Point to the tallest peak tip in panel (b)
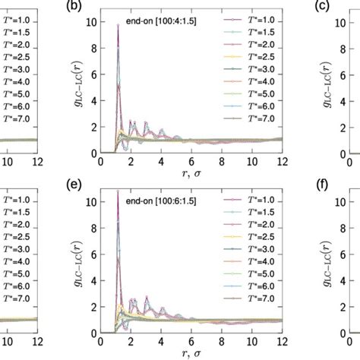(118, 26)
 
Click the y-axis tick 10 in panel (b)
(90, 23)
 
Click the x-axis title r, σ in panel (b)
(191, 174)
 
